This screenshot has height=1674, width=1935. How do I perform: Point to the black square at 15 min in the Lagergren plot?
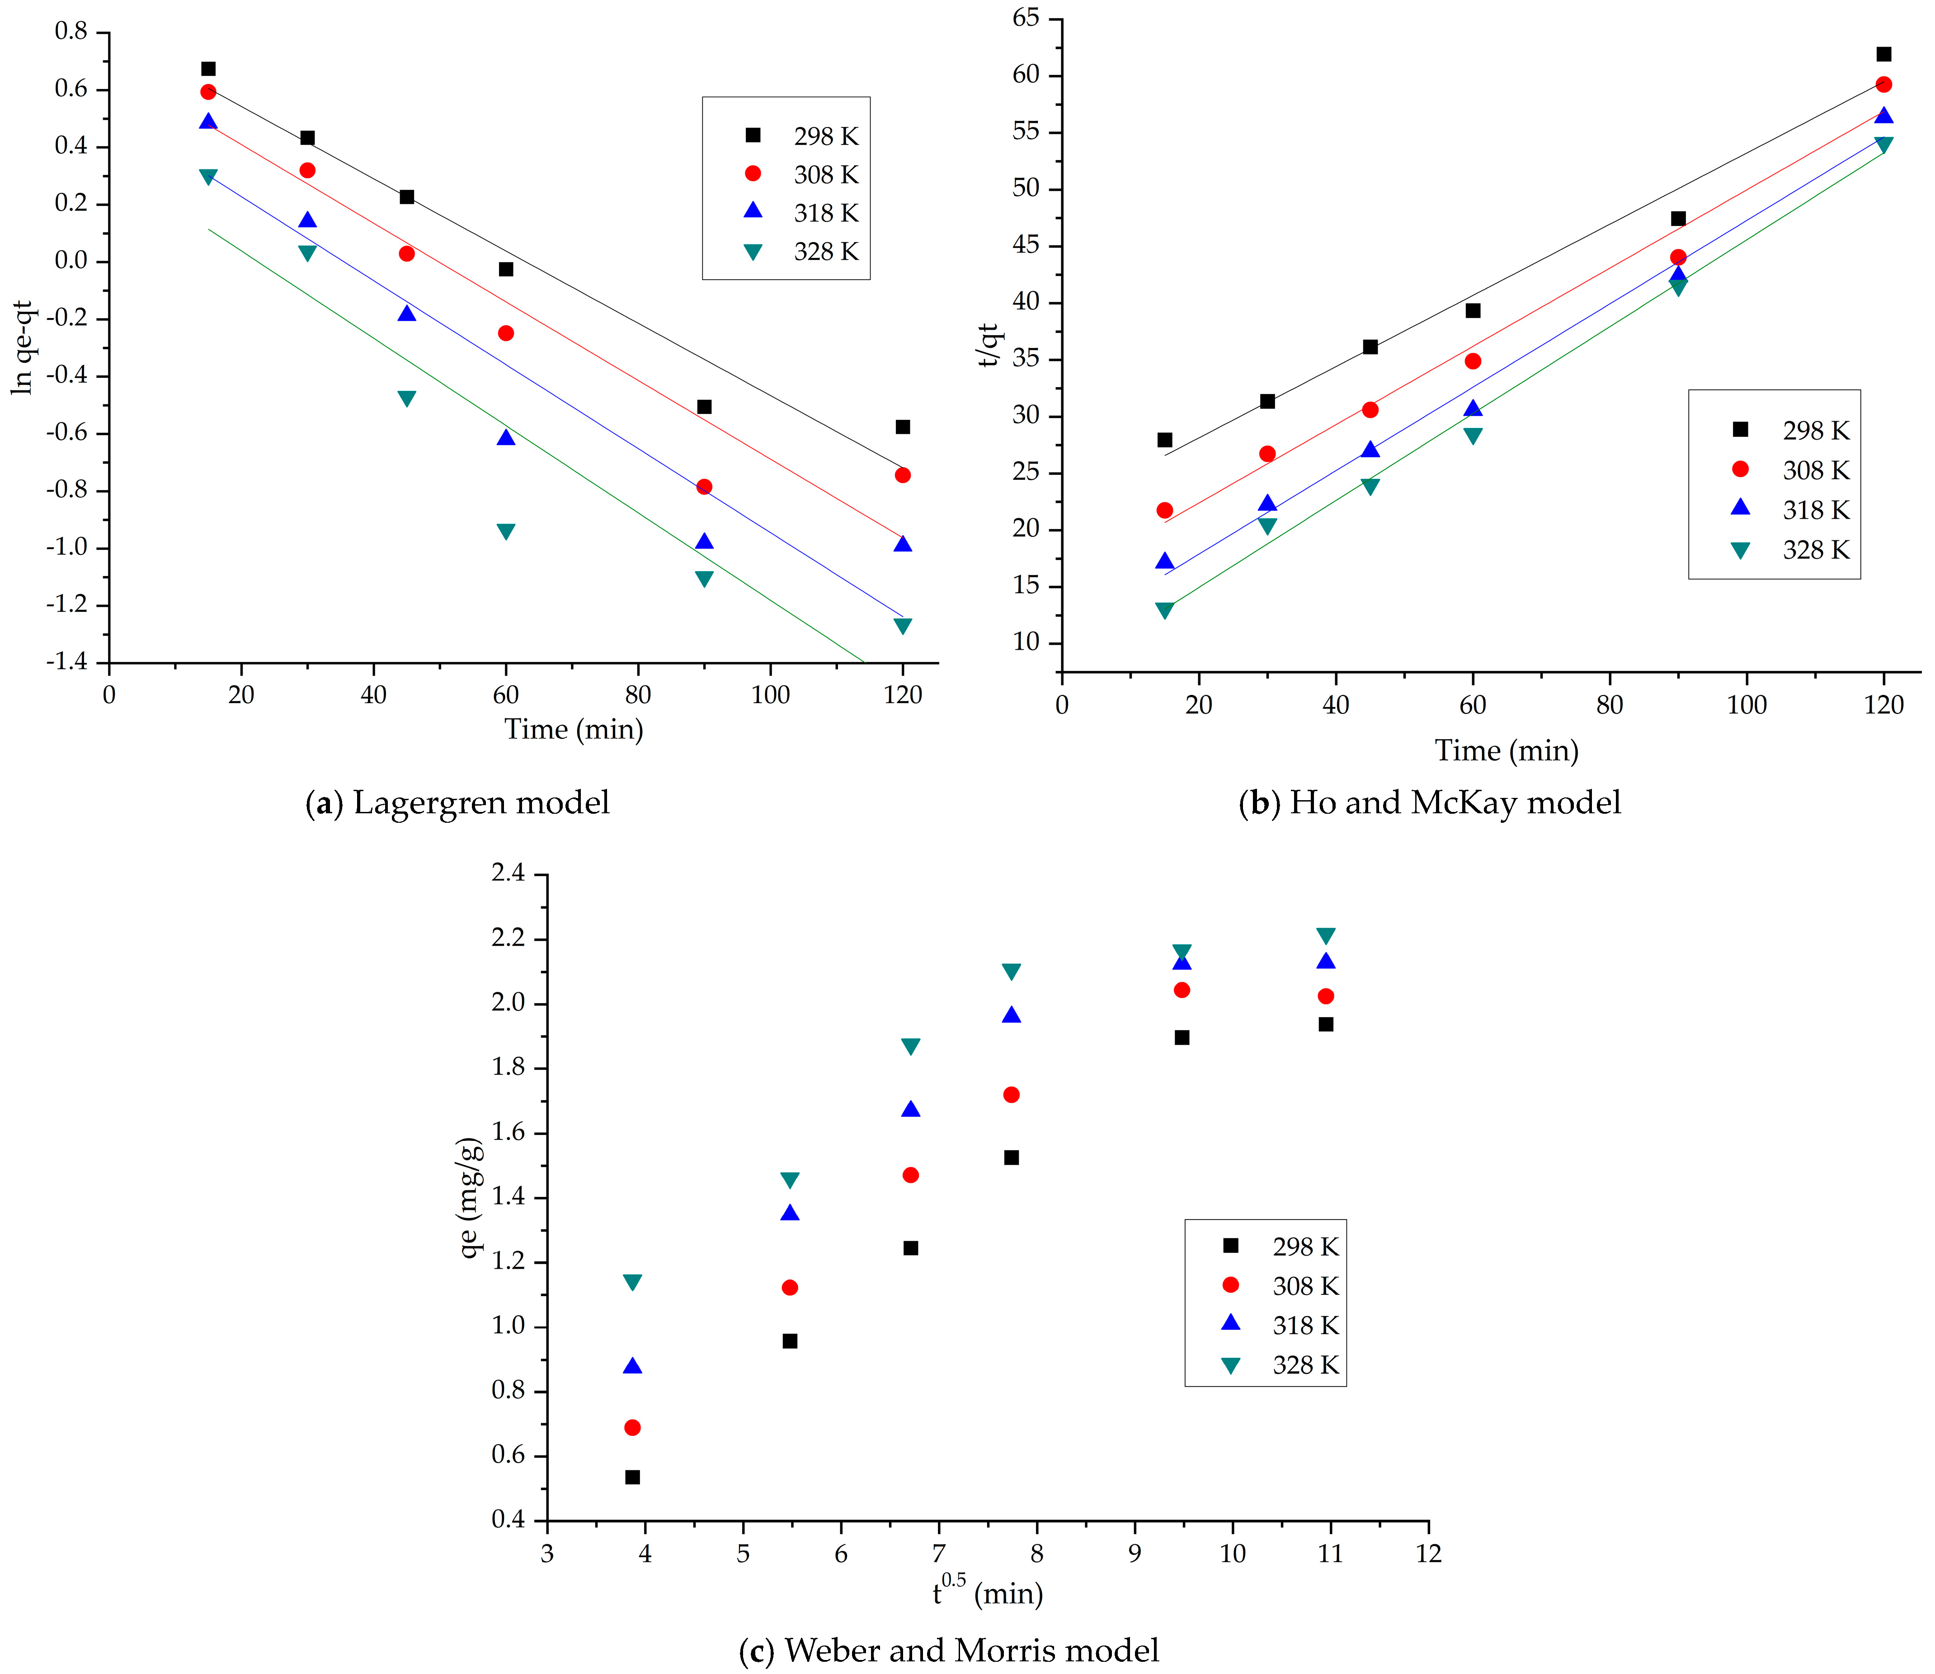[x=208, y=69]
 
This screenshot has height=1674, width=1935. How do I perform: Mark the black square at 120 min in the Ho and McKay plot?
[x=1883, y=54]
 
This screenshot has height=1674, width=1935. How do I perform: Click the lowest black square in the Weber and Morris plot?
[x=632, y=1477]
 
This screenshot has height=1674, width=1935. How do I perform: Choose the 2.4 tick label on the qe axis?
[x=509, y=873]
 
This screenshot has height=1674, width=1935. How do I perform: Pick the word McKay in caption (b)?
[x=1462, y=802]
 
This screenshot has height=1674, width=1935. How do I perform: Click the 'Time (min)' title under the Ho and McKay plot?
[x=1506, y=750]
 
